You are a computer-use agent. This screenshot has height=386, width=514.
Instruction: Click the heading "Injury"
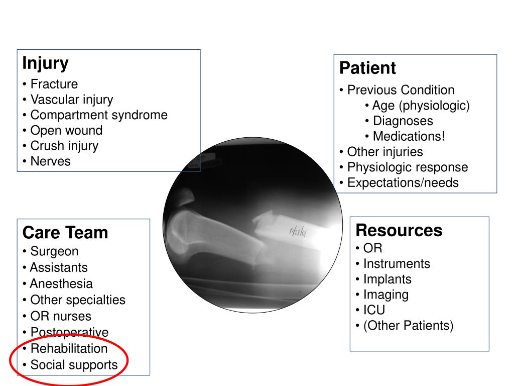click(45, 64)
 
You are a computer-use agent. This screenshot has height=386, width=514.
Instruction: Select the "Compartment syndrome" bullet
click(99, 115)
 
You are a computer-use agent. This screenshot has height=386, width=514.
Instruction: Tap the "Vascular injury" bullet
click(71, 100)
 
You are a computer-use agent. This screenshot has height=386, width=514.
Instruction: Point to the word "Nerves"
click(50, 161)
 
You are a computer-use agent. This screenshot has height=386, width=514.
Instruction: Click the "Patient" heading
click(367, 68)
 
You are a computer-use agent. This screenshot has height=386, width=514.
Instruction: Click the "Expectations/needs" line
click(403, 182)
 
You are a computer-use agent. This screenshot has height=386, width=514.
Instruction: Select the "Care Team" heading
click(65, 233)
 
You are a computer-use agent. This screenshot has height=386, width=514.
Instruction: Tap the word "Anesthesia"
click(61, 283)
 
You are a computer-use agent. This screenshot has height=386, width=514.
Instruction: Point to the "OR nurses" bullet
click(61, 316)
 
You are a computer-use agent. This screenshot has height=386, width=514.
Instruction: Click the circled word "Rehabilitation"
click(69, 348)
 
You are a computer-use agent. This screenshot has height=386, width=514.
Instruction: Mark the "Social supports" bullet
click(74, 365)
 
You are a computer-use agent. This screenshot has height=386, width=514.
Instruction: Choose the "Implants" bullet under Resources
click(387, 279)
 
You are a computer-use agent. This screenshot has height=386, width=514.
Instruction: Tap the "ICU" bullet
click(374, 310)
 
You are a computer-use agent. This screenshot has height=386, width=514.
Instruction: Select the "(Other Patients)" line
click(408, 326)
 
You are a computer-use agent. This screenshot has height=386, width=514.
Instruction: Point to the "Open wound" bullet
click(66, 130)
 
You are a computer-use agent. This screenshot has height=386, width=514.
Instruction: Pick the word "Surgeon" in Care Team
click(54, 251)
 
